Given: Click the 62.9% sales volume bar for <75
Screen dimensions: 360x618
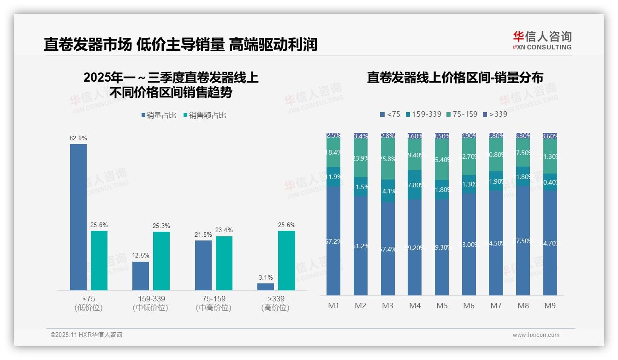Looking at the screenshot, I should click(78, 217).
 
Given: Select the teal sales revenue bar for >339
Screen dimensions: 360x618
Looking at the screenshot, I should click(286, 260).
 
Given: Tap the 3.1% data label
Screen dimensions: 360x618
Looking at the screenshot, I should click(266, 277).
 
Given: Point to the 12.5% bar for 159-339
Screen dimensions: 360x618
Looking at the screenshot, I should click(141, 276).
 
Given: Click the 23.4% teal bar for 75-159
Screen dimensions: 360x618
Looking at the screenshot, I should click(224, 263).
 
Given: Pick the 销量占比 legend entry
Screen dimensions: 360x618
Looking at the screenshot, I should click(159, 115).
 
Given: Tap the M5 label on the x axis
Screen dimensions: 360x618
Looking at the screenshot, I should click(442, 306).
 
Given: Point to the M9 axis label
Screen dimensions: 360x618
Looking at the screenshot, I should click(550, 306).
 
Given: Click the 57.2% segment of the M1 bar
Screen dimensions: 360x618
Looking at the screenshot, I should click(333, 241).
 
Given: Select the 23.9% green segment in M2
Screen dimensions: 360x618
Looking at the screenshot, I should click(361, 158).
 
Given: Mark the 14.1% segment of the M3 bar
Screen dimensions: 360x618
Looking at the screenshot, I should click(388, 191).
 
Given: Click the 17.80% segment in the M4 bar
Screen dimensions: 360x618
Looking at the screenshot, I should click(415, 185).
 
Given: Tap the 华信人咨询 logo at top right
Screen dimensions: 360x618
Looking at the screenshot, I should click(542, 40).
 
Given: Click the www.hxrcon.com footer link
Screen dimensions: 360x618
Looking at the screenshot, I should click(536, 335).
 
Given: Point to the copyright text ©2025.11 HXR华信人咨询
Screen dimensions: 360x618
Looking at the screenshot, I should click(86, 335).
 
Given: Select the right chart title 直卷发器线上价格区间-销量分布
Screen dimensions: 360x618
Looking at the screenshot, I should click(455, 77).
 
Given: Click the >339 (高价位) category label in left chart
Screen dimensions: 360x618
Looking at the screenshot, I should click(276, 303).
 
